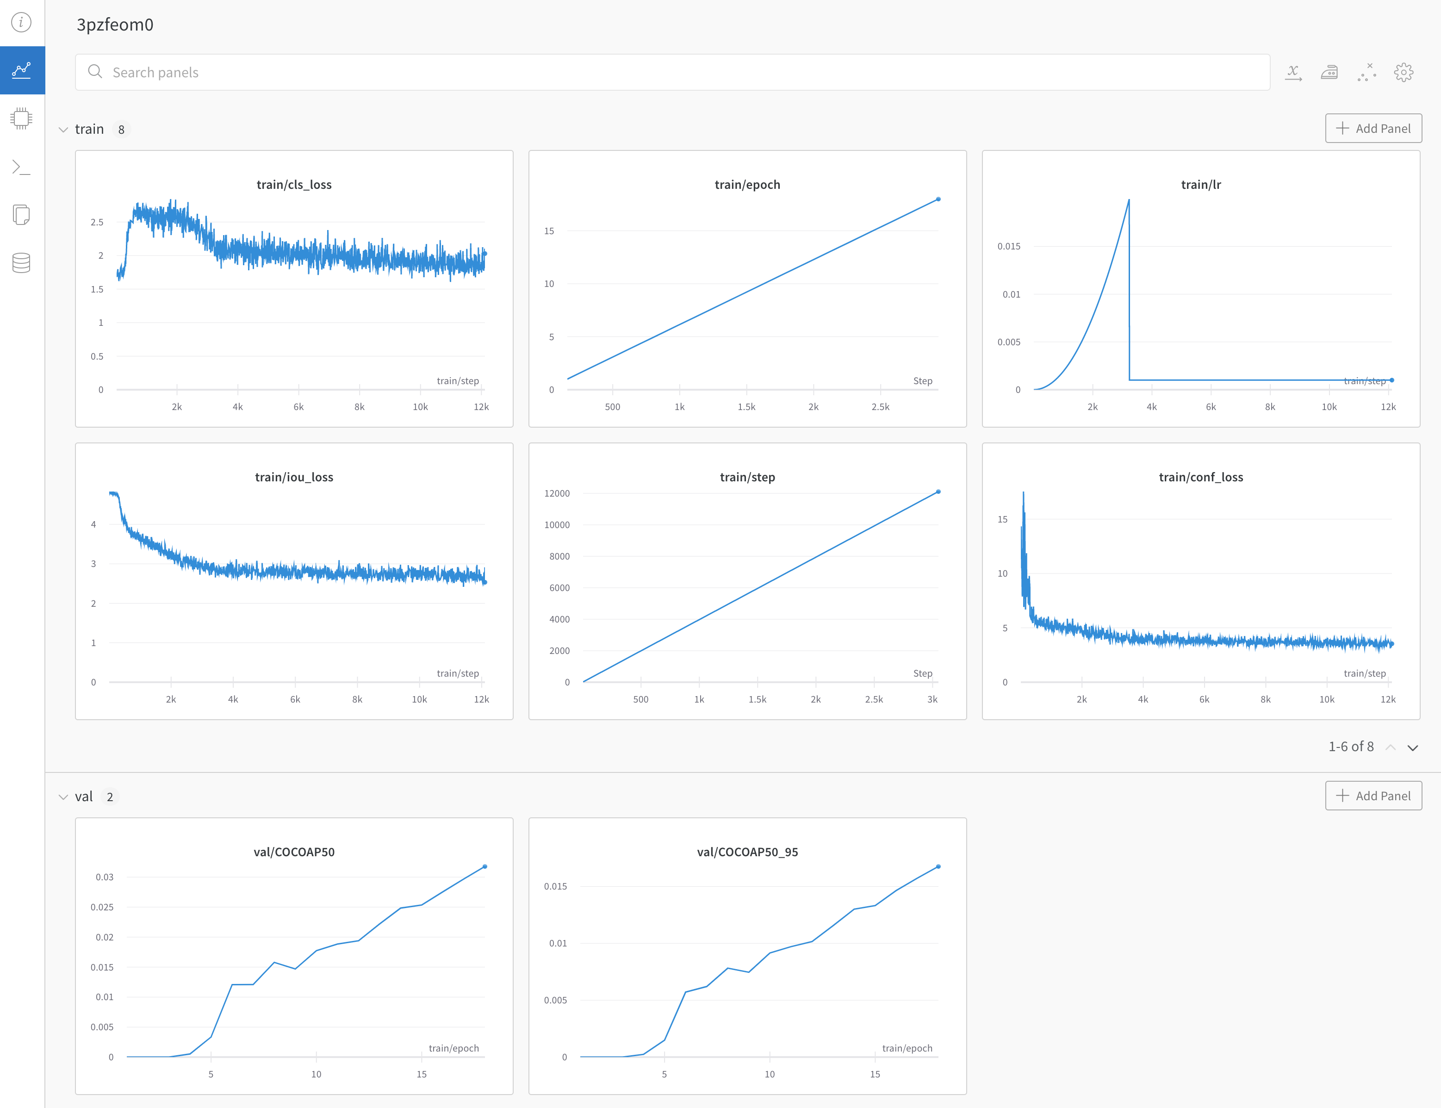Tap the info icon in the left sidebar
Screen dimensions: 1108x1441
pos(21,22)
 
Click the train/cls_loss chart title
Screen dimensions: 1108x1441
pos(294,185)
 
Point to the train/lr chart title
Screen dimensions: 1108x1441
pos(1200,185)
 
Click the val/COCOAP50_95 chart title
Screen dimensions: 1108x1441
pos(747,852)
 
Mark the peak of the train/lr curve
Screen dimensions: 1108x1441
pos(1128,200)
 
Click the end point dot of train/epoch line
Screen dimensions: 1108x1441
pos(938,199)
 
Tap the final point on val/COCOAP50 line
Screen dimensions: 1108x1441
pos(485,866)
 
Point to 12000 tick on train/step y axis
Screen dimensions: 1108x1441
pos(557,493)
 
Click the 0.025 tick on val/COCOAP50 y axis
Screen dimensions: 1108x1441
pos(102,907)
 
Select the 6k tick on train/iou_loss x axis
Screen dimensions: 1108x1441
pos(295,699)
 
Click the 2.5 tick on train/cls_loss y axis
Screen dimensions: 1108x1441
pos(97,222)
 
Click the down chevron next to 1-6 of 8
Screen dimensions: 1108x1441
pos(1413,747)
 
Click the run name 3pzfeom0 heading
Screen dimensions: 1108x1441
pos(115,25)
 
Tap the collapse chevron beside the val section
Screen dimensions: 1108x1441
pos(63,797)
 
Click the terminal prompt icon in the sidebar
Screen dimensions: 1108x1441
pos(21,167)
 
